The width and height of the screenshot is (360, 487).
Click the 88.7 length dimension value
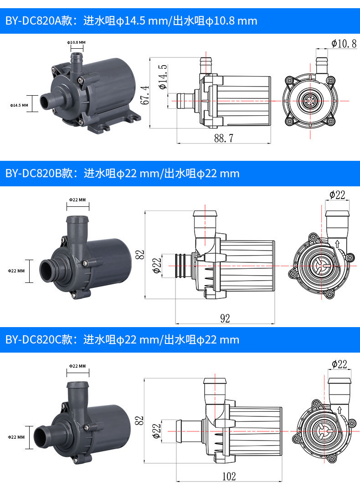coord(224,138)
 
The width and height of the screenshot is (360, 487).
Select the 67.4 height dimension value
coord(145,95)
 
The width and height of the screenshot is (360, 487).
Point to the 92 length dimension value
coord(225,318)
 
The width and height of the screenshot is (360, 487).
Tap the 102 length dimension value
coord(229,476)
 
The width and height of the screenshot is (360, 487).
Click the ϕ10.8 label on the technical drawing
coord(344,43)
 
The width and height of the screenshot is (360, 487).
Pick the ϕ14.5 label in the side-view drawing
coord(163,77)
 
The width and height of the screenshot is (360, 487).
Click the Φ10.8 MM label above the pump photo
coord(76,42)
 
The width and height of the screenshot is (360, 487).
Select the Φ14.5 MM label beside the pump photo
coord(19,105)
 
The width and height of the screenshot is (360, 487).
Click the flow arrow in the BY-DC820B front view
coord(337,243)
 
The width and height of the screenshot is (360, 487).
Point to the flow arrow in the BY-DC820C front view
coord(339,410)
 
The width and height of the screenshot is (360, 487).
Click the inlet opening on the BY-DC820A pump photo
coord(44,103)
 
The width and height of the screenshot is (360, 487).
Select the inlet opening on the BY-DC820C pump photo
coord(40,437)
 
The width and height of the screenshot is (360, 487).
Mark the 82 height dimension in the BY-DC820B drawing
coord(140,255)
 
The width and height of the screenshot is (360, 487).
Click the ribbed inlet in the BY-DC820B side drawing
coord(181,266)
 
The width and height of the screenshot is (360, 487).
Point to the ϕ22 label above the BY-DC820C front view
coord(339,364)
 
